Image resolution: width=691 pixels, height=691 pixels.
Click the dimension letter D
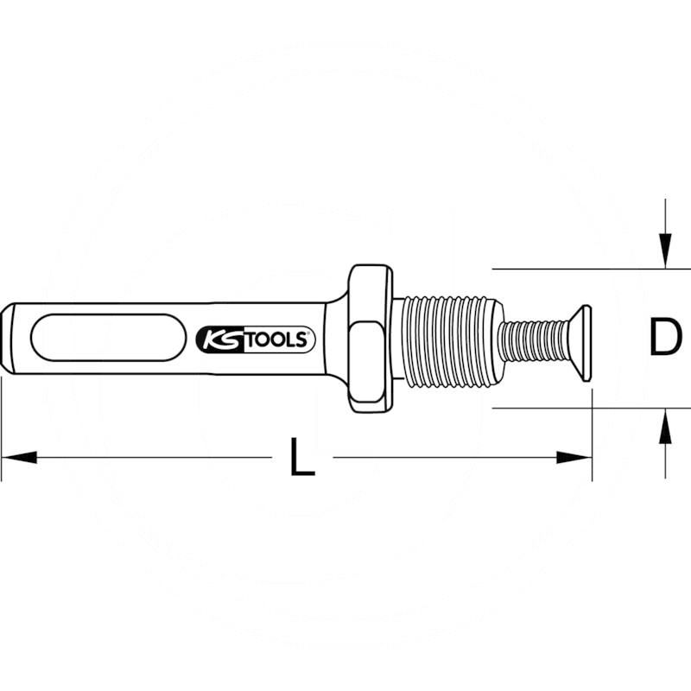tap(663, 338)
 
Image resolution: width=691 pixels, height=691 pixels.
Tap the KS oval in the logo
tap(217, 339)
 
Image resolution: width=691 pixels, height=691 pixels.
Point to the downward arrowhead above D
tap(663, 250)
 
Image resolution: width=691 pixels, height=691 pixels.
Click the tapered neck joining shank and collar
tap(337, 338)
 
